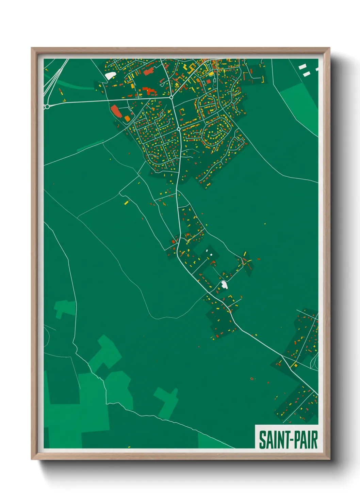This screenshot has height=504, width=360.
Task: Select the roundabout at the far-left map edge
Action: [x=47, y=107]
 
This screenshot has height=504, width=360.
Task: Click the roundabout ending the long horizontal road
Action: [x=171, y=97]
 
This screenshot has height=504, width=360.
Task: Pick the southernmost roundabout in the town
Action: [x=179, y=129]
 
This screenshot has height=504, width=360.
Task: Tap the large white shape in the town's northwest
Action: [x=110, y=75]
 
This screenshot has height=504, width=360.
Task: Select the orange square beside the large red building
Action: [x=127, y=119]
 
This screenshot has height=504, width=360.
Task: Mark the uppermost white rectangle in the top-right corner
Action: [x=302, y=67]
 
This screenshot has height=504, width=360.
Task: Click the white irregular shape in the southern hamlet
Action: [x=224, y=284]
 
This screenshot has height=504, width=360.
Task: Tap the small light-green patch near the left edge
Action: [x=64, y=308]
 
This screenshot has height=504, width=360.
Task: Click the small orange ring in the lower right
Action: [x=252, y=378]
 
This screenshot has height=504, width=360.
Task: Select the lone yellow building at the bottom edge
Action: [x=129, y=447]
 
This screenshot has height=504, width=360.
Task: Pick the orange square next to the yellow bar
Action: [x=296, y=366]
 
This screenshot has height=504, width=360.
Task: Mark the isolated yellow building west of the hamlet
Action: [x=126, y=203]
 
